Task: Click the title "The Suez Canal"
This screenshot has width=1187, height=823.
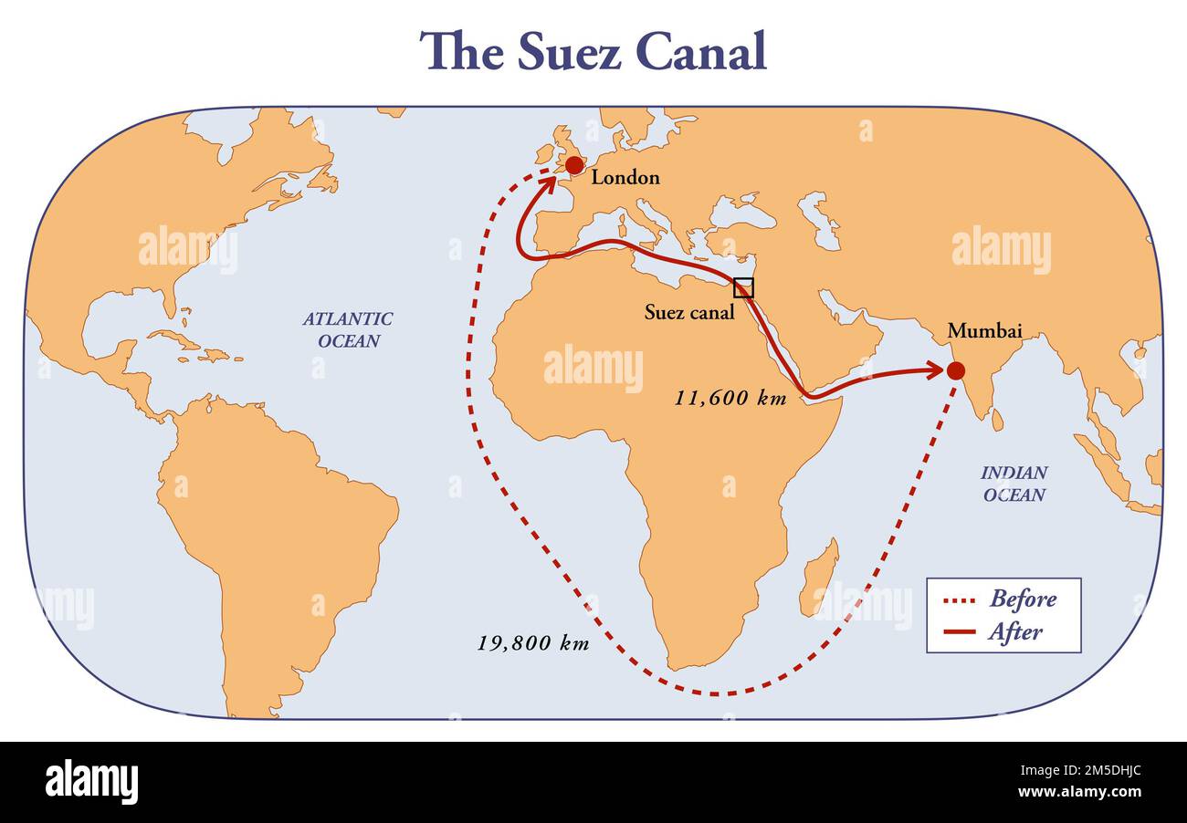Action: point(593,51)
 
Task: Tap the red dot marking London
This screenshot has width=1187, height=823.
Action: point(573,165)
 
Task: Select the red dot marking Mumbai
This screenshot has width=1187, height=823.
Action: point(955,370)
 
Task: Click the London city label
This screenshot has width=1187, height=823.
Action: point(625,177)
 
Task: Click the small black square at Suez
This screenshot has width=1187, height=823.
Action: point(744,287)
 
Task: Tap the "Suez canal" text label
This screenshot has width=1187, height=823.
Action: point(688,312)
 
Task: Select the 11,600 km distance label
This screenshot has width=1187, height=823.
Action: point(730,398)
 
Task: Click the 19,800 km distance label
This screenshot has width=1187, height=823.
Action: point(533,642)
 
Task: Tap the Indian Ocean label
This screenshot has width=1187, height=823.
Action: point(1014,484)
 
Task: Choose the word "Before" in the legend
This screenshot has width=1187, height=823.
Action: point(1023,599)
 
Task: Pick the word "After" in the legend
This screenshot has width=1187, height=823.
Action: point(1014,631)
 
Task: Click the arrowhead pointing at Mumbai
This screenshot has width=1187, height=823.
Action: point(935,370)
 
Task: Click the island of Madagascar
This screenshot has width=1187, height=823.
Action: point(819,577)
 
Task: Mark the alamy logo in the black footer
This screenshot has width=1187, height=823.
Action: point(91,782)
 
